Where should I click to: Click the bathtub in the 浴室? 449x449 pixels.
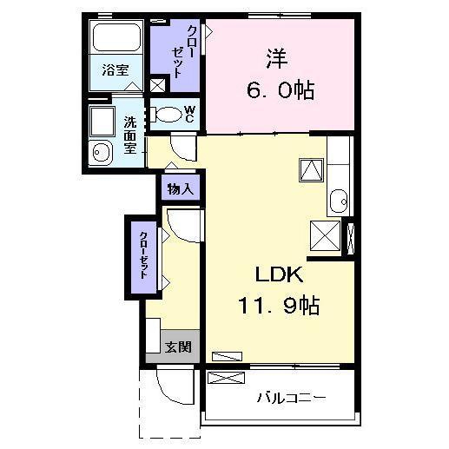[x=116, y=36]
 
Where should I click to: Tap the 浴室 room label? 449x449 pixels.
[x=116, y=69]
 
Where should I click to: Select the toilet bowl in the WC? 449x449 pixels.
[x=164, y=115]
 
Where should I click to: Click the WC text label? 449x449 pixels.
[x=190, y=114]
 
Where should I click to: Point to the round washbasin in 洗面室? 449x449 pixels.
[x=100, y=153]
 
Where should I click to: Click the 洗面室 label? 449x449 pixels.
[x=130, y=135]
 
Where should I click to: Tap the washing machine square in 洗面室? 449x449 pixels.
[x=102, y=121]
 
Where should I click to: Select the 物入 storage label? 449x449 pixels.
[x=180, y=189]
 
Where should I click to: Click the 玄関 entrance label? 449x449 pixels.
[x=178, y=347]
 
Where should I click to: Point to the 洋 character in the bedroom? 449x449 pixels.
[x=277, y=58]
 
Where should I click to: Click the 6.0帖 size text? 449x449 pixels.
[x=281, y=90]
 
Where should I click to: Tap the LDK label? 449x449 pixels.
[x=279, y=274]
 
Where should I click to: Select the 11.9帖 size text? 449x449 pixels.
[x=279, y=306]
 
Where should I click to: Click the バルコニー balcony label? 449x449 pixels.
[x=292, y=398]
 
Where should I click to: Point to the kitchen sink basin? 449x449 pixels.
[x=339, y=201]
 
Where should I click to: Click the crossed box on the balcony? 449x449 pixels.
[x=227, y=378]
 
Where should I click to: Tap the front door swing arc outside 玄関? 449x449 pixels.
[x=171, y=392]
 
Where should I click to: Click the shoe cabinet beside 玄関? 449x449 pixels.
[x=153, y=335]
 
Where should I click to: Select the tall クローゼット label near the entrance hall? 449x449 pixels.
[x=144, y=254]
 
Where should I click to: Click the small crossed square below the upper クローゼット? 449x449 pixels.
[x=158, y=85]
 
